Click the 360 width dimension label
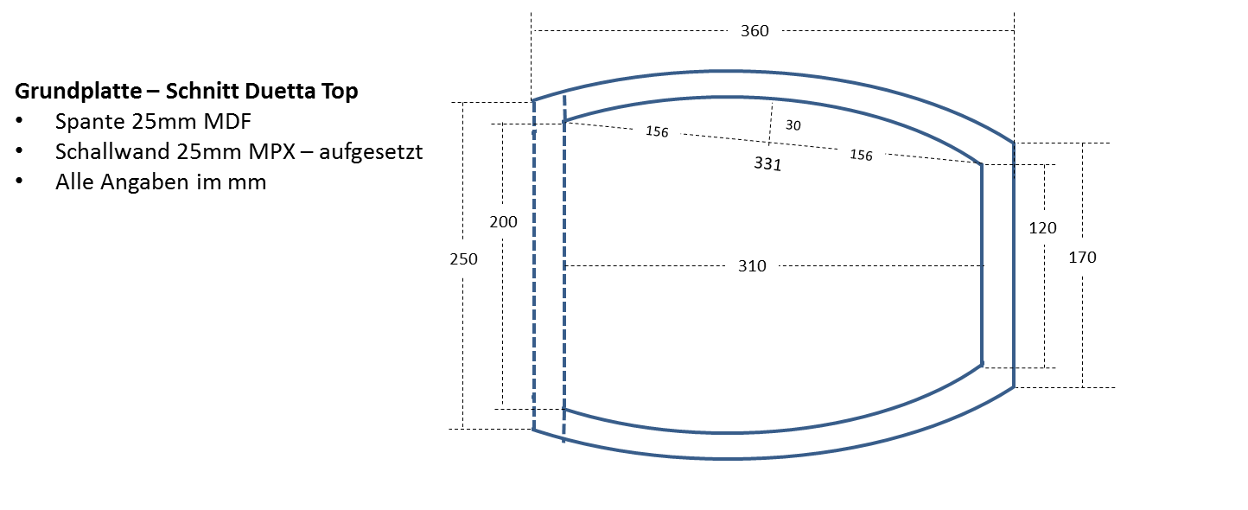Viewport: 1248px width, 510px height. pos(755,31)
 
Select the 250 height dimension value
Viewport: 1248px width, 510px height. pos(464,258)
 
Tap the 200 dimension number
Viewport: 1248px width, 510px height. pos(503,222)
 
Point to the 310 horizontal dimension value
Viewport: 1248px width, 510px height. pos(752,266)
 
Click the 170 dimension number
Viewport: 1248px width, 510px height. pos(1082,257)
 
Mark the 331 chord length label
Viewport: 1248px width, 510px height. pos(767,163)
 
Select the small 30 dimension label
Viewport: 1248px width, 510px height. pos(793,125)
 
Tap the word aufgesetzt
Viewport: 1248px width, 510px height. pos(371,152)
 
